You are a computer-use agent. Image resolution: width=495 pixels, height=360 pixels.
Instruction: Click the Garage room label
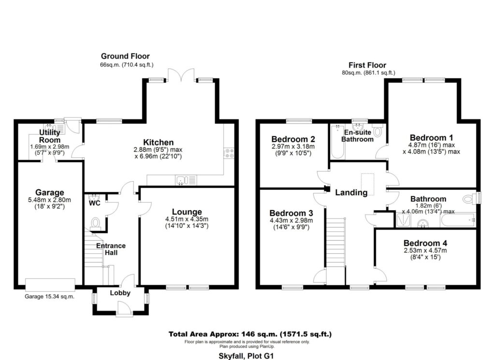point(50,192)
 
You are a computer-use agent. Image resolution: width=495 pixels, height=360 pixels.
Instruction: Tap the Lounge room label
point(187,212)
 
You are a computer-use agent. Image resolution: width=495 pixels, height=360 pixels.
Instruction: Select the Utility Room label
point(50,136)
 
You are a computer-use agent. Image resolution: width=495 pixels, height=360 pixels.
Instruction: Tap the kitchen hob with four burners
point(229,153)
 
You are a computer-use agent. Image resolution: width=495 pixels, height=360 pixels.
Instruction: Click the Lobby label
point(120,293)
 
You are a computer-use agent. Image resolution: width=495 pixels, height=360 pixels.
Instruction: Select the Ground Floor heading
point(125,56)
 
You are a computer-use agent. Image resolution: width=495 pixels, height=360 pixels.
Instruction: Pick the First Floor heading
point(367,65)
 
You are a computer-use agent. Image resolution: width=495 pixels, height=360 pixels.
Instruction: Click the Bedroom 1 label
point(431,138)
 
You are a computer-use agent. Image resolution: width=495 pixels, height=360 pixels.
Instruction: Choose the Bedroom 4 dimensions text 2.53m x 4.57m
point(425,250)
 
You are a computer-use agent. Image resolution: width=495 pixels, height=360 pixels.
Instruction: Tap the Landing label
point(351,192)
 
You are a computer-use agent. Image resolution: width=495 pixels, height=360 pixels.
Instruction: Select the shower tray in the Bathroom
point(404,220)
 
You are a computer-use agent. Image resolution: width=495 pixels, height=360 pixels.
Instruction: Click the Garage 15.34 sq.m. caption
point(50,297)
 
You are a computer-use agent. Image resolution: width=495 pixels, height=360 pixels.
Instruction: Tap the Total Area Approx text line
point(250,334)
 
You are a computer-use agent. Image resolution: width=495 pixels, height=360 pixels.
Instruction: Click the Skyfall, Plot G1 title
point(246,356)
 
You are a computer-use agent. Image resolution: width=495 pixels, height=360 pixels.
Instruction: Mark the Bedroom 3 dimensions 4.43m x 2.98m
point(291,220)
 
